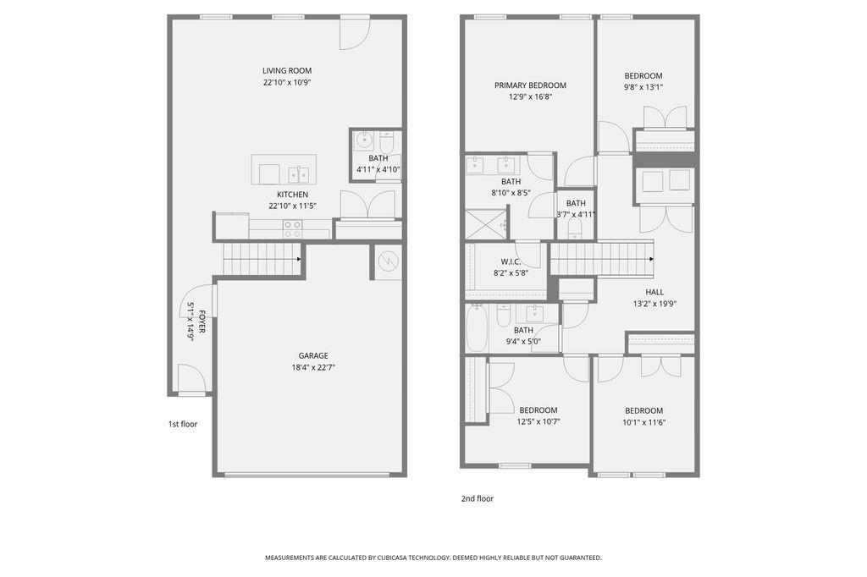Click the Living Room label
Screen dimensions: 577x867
(287, 71)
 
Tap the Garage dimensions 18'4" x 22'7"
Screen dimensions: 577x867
(312, 367)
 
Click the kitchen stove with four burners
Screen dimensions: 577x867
(292, 228)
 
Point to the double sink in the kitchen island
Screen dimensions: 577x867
(298, 175)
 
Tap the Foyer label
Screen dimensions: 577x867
(202, 321)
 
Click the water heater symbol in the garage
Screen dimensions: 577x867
(389, 261)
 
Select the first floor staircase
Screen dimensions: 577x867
(262, 259)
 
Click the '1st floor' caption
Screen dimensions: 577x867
(182, 424)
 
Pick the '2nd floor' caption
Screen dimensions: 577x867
(477, 498)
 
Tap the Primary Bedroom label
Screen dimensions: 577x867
(530, 85)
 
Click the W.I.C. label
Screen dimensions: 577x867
(511, 261)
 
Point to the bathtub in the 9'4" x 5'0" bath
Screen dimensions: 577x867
(477, 328)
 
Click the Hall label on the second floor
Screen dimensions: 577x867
(654, 292)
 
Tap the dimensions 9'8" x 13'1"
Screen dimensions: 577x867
(643, 87)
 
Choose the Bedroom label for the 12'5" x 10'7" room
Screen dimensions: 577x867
(538, 410)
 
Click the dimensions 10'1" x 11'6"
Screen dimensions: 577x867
(643, 422)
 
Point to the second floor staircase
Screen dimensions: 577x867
(602, 259)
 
